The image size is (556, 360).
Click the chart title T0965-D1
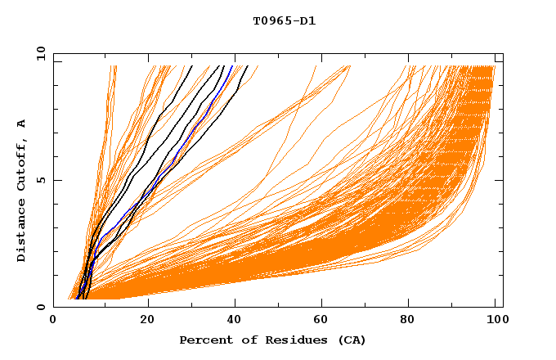point(284,20)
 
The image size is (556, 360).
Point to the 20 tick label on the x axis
point(147,321)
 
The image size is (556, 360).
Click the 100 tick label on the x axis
point(495,321)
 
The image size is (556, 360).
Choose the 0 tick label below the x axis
point(53,321)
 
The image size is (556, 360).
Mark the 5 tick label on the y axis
point(40,180)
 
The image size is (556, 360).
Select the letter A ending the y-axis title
point(22,123)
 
